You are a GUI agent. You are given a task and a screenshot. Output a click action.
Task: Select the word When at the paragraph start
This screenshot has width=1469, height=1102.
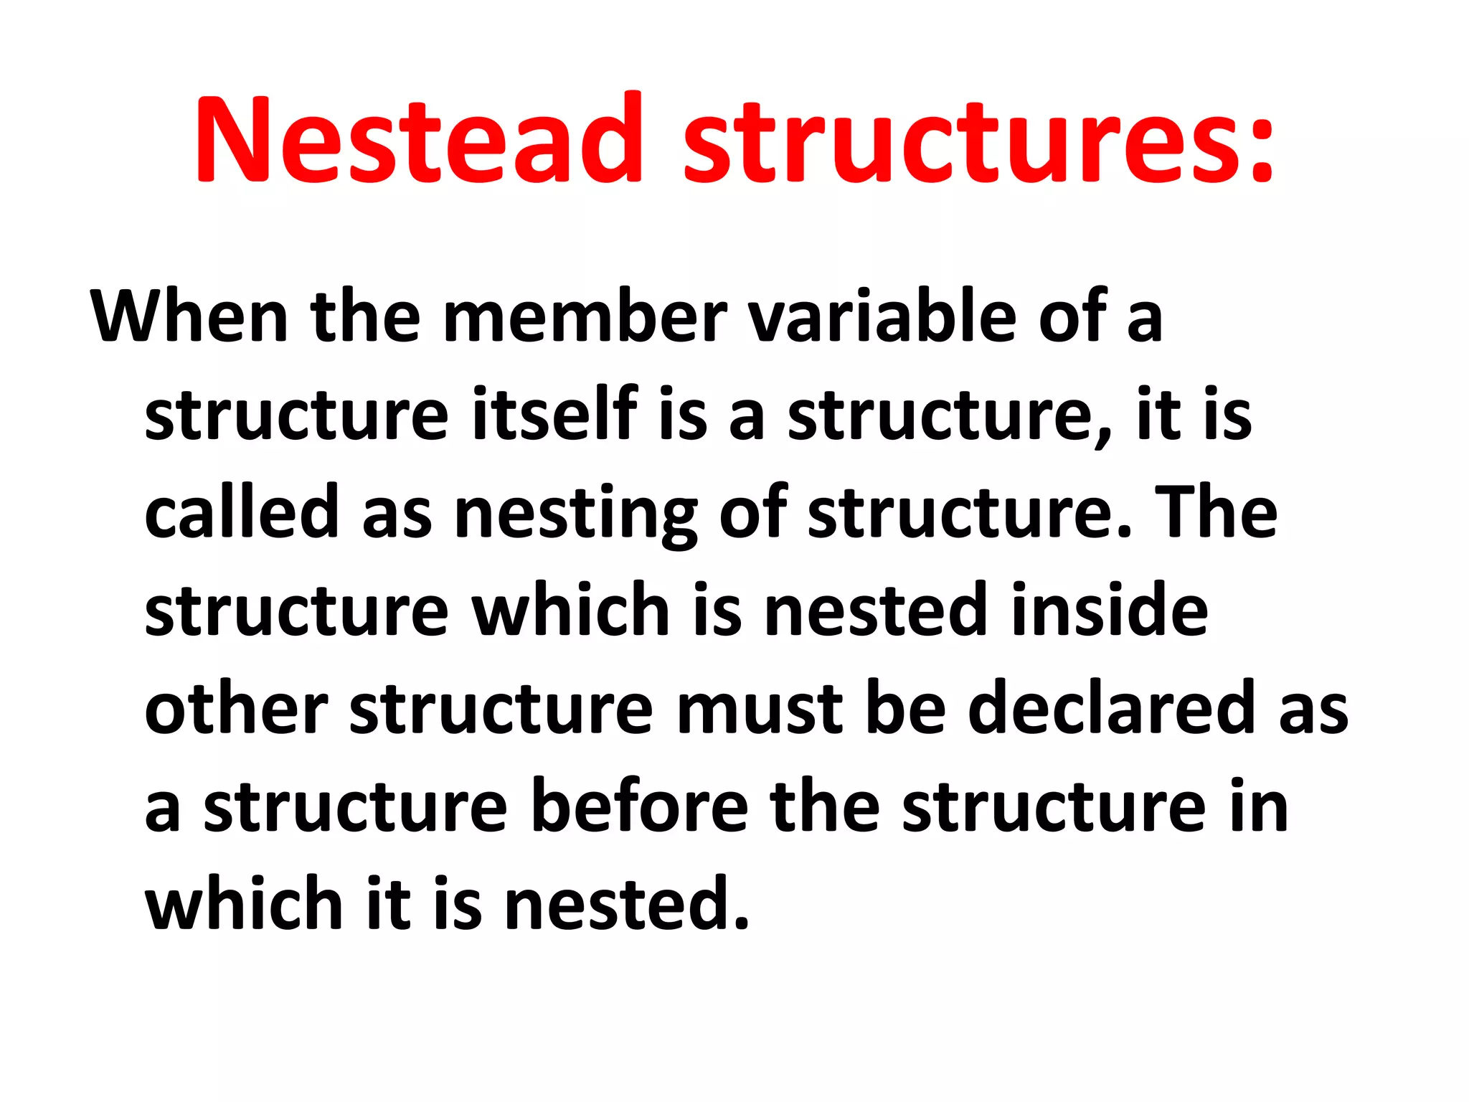[x=189, y=316]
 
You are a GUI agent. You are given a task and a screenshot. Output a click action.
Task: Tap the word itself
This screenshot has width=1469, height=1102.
[x=554, y=415]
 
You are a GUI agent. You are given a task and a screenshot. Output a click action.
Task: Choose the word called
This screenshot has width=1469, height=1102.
[x=241, y=512]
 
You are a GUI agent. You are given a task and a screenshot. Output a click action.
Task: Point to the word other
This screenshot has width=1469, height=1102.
[x=237, y=708]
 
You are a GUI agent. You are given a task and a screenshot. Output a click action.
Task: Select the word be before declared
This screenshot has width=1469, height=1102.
[x=906, y=708]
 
